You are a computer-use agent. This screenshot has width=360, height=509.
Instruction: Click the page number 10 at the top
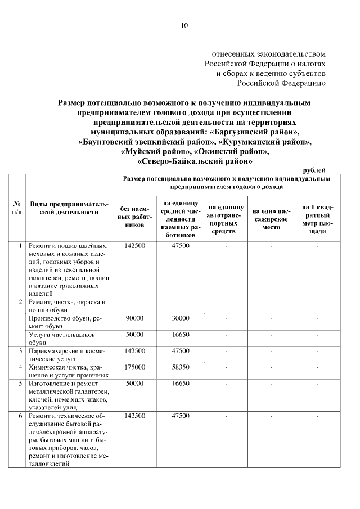coord(184,25)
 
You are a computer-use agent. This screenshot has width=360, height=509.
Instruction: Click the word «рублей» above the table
coord(314,170)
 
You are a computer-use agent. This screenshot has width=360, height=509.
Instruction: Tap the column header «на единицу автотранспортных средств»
coord(225,216)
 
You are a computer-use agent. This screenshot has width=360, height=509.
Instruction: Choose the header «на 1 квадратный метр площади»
coord(317,216)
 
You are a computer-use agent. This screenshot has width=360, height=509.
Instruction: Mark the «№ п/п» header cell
coord(17,208)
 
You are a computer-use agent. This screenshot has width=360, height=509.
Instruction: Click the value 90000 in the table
coord(135,318)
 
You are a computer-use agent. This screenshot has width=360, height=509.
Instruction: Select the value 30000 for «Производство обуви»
coord(181,318)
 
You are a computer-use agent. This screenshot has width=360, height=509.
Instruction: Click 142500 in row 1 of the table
coord(135,246)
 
